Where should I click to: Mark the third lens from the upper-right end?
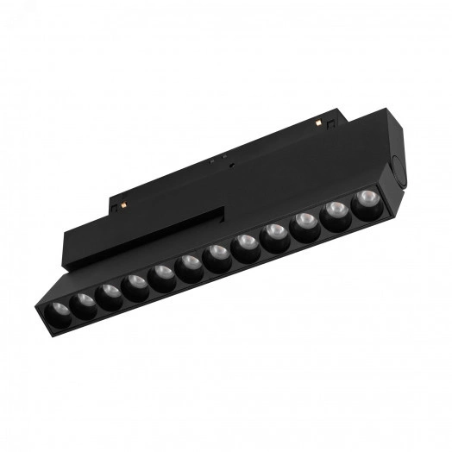[x=304, y=225]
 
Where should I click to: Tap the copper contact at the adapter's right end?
[x=329, y=124]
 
